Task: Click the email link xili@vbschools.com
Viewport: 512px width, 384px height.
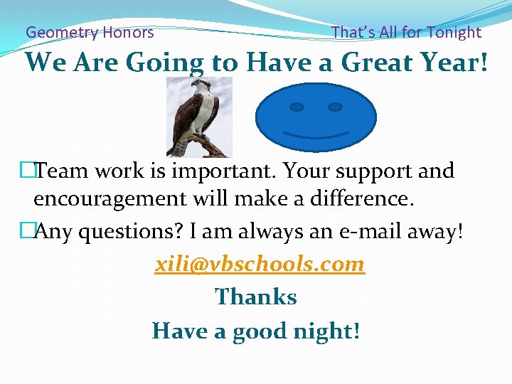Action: click(x=260, y=265)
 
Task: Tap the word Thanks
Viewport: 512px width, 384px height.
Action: click(x=256, y=297)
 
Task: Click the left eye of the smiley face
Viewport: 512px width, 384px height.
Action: click(x=297, y=107)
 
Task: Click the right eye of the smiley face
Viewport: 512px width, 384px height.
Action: click(x=334, y=107)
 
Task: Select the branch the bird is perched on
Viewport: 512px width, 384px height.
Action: click(x=207, y=146)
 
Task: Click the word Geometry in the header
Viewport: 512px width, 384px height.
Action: click(x=62, y=32)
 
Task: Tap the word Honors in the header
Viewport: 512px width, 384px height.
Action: click(x=128, y=32)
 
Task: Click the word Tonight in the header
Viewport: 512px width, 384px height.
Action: click(x=454, y=32)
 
